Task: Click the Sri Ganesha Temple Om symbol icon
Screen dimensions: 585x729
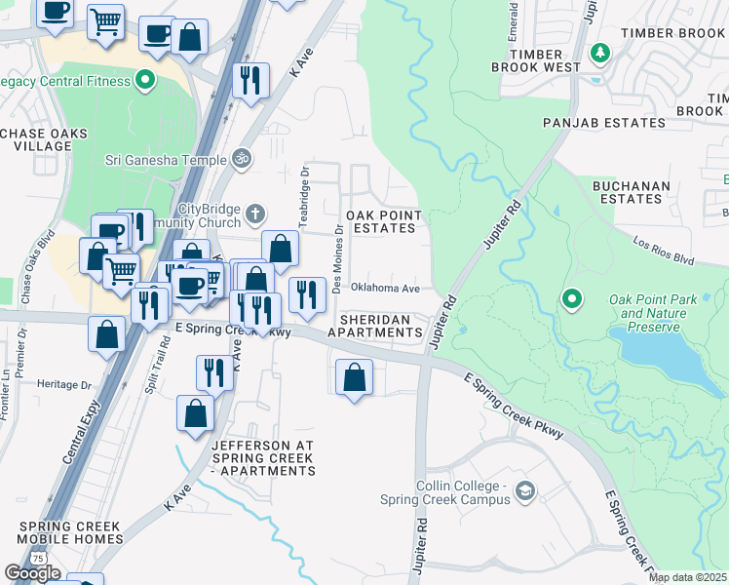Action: click(243, 157)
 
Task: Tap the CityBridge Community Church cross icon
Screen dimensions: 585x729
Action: click(255, 212)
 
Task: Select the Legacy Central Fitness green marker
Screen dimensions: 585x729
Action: click(147, 80)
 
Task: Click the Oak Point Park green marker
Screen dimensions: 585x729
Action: click(572, 298)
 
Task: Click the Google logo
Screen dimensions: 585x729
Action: click(32, 573)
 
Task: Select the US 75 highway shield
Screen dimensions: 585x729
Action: click(38, 557)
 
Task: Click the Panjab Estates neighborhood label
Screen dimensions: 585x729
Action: click(604, 123)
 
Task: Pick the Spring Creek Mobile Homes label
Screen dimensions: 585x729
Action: click(69, 532)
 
